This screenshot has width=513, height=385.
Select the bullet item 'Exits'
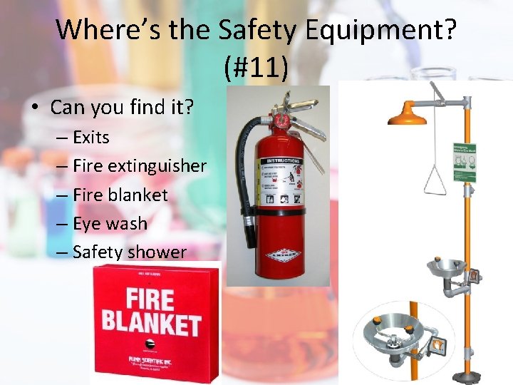click(90, 137)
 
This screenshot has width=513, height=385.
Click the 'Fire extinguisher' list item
click(139, 166)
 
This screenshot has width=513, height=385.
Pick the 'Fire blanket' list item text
click(120, 195)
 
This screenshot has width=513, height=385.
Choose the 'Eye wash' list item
click(110, 223)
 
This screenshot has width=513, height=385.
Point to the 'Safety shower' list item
click(129, 252)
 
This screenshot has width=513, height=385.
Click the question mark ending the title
click(449, 30)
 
